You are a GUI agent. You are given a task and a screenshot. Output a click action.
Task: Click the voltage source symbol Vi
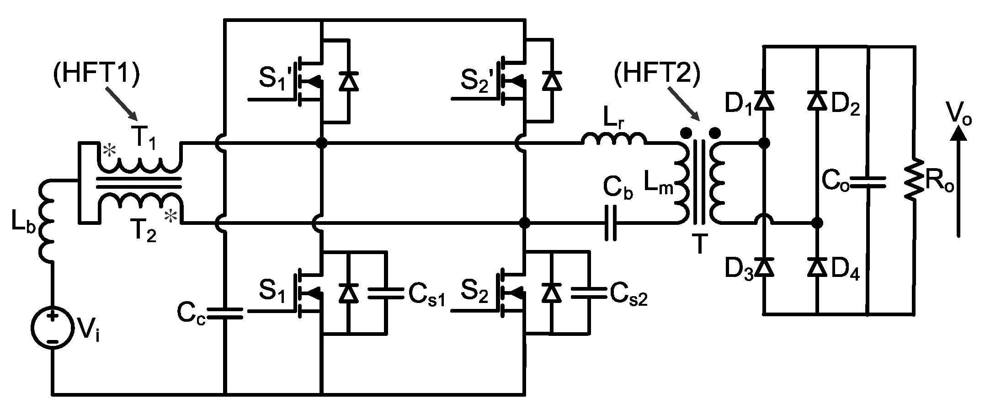pyautogui.click(x=53, y=328)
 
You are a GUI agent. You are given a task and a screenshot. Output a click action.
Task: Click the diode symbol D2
pyautogui.click(x=817, y=101)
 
